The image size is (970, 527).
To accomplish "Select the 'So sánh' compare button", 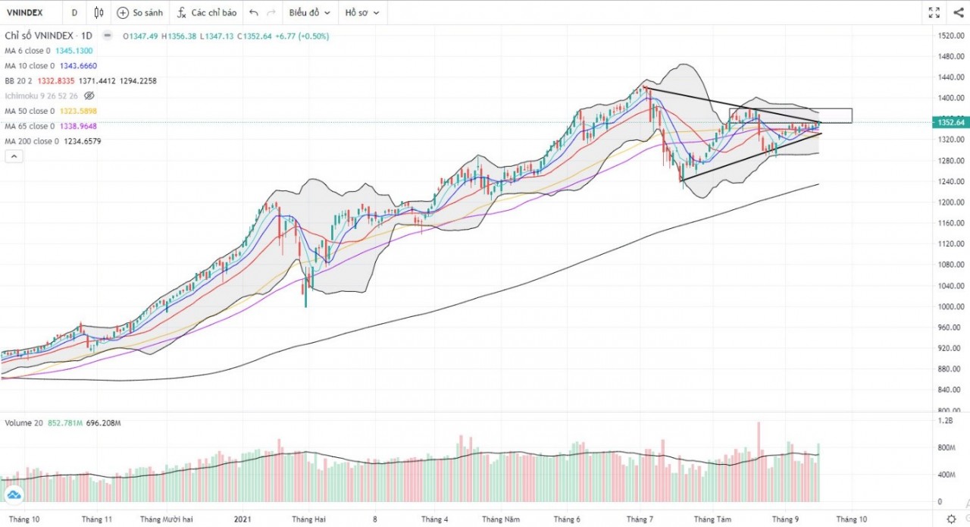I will click(x=139, y=13).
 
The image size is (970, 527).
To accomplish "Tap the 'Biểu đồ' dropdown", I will click(x=308, y=13).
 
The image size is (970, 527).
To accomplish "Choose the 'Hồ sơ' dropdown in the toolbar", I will click(x=361, y=13).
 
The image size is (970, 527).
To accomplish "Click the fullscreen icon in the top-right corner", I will click(x=934, y=12).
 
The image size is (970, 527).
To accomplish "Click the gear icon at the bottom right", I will click(x=951, y=519).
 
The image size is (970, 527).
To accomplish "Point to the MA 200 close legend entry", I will click(x=53, y=141).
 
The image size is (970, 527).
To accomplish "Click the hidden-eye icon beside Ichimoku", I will click(x=89, y=96).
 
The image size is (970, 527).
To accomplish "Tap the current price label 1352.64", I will click(x=950, y=122).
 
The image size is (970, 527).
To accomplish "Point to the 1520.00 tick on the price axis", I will click(x=950, y=36).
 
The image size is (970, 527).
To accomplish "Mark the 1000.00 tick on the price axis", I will click(x=950, y=306).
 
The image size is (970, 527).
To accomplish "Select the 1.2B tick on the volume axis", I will click(x=946, y=420).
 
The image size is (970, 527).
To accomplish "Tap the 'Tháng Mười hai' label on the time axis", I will click(x=167, y=519).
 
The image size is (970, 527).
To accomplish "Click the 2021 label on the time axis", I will click(x=242, y=519).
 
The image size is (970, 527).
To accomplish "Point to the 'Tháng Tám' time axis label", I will click(x=712, y=519).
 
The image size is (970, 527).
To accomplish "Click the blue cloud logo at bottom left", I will click(x=14, y=495).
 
